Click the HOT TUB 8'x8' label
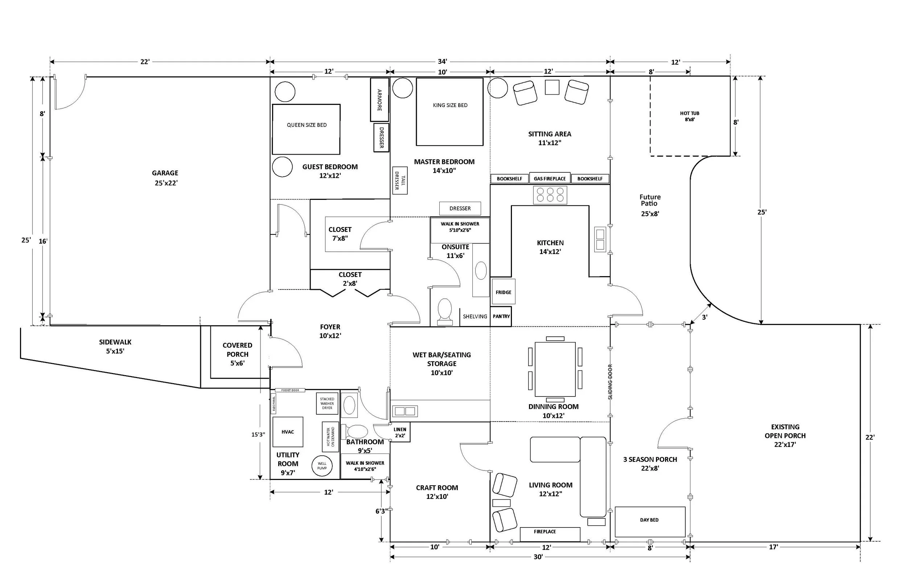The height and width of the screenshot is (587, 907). pyautogui.click(x=689, y=116)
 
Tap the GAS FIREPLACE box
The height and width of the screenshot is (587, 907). pyautogui.click(x=550, y=178)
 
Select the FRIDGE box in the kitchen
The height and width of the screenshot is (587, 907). pyautogui.click(x=504, y=292)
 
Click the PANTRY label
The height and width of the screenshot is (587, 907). pyautogui.click(x=501, y=316)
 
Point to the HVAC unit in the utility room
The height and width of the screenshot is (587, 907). pyautogui.click(x=288, y=432)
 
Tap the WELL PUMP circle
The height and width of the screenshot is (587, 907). pyautogui.click(x=322, y=466)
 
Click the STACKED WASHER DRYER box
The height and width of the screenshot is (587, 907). pyautogui.click(x=327, y=403)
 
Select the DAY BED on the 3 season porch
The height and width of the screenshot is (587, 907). pyautogui.click(x=650, y=522)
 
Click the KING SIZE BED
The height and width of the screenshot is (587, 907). pyautogui.click(x=450, y=112)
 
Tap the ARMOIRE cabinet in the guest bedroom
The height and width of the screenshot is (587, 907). pyautogui.click(x=379, y=99)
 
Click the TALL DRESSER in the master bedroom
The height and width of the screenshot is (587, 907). pyautogui.click(x=400, y=180)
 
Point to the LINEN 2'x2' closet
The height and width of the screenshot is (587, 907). pyautogui.click(x=400, y=432)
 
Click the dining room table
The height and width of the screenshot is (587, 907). pyautogui.click(x=555, y=369)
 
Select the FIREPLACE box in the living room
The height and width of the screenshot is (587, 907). pyautogui.click(x=550, y=534)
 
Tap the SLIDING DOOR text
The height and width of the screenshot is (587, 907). pyautogui.click(x=610, y=382)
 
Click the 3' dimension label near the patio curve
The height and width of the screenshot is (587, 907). pyautogui.click(x=705, y=317)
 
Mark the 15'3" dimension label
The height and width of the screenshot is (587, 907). pyautogui.click(x=258, y=434)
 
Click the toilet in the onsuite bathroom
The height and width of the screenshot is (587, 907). pyautogui.click(x=445, y=312)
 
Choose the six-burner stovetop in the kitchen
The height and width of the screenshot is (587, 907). pyautogui.click(x=550, y=195)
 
